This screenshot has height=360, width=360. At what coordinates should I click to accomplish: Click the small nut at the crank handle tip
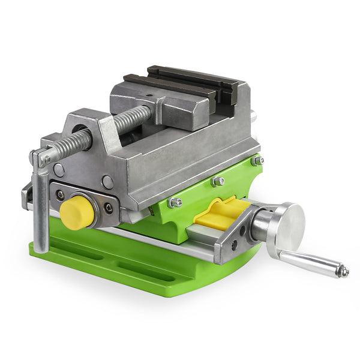pyautogui.click(x=343, y=272)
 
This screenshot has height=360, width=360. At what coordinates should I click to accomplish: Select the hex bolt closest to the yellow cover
pyautogui.click(x=175, y=203)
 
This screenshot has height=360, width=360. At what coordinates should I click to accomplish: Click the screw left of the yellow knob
pyautogui.click(x=60, y=195)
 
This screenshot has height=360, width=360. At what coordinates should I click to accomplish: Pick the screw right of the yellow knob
pyautogui.click(x=109, y=208)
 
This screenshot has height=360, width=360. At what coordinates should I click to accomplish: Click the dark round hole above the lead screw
pyautogui.click(x=79, y=128)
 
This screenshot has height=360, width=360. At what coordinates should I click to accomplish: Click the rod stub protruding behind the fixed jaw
pyautogui.click(x=253, y=115)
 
